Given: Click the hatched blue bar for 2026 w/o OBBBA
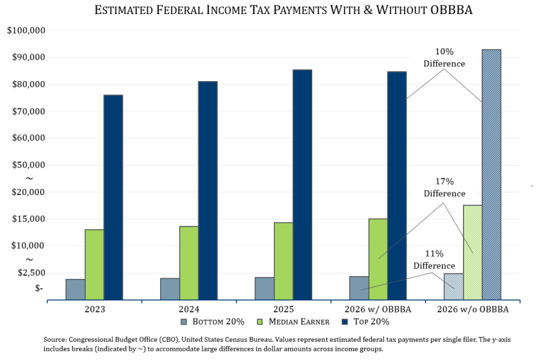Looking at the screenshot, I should (491, 174).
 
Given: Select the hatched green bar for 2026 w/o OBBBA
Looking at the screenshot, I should (472, 252).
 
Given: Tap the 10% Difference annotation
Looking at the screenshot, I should (444, 58).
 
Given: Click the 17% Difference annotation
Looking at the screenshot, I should (444, 188).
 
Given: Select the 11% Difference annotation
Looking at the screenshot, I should (433, 260).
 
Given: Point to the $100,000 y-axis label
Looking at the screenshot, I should (26, 31).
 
